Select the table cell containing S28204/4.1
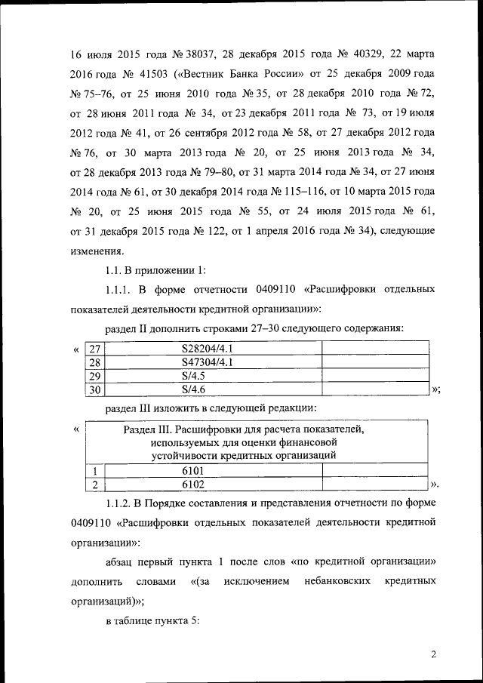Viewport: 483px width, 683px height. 213,348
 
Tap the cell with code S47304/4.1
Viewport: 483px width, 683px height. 213,361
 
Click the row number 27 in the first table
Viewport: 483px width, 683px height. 94,348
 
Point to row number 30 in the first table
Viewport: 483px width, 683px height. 94,389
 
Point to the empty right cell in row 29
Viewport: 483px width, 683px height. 376,376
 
